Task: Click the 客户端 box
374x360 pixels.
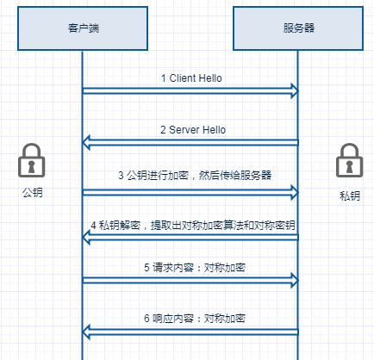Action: [x=83, y=28]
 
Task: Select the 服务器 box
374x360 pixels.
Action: [x=298, y=28]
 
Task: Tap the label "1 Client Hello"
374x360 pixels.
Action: [x=191, y=78]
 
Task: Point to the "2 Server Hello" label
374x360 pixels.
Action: [x=193, y=130]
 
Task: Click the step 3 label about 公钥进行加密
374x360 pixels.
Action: [x=195, y=175]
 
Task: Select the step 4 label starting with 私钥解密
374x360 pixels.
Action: [x=193, y=226]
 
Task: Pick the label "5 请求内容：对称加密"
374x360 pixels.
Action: [x=195, y=268]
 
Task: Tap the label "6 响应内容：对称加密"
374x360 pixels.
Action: [x=195, y=319]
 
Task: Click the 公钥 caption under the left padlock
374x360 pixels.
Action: [x=33, y=192]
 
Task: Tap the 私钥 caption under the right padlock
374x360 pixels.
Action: [x=350, y=196]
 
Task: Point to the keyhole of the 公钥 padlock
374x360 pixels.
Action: [x=32, y=166]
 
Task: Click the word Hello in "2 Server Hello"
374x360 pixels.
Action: [x=214, y=130]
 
